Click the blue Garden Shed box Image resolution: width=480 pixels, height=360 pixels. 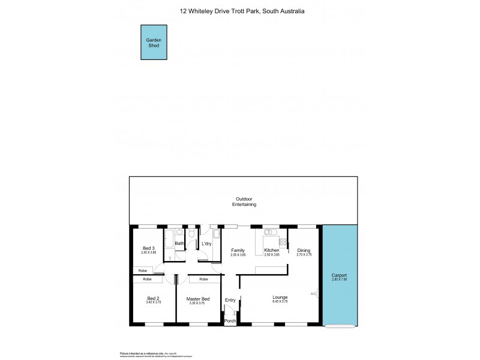154,43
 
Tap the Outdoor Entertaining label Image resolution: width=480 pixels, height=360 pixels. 244,202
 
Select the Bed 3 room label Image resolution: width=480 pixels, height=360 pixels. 149,248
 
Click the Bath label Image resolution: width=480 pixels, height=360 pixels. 179,244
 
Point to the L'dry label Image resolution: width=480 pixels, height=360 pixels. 206,244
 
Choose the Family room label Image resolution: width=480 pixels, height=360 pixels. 238,250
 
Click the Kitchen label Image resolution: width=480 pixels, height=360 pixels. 272,250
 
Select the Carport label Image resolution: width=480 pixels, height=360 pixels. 339,275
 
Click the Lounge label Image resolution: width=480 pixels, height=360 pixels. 280,297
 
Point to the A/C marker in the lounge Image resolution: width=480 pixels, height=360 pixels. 313,294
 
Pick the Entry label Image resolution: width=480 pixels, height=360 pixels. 230,300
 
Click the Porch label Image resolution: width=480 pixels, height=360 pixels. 230,321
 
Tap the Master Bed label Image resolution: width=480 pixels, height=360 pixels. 197,299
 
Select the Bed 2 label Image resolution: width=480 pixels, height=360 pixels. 153,299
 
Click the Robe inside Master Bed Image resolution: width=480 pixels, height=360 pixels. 203,279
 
